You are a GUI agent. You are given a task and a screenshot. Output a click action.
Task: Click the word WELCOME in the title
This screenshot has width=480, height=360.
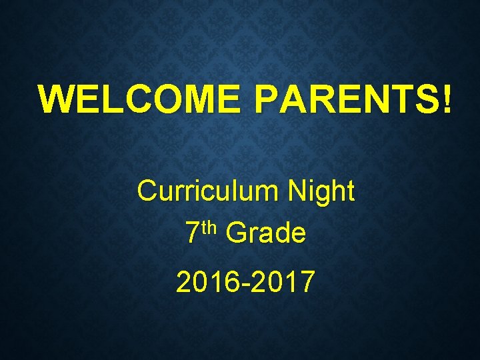tap(138, 99)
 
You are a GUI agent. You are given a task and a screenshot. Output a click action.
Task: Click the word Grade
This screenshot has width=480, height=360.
tap(265, 234)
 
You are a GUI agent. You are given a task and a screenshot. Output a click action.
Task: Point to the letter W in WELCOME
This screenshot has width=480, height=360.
tap(56, 99)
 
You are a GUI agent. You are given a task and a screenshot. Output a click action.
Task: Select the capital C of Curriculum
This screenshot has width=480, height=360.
tap(147, 192)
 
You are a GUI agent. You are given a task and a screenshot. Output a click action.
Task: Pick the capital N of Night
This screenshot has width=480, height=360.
tap(297, 192)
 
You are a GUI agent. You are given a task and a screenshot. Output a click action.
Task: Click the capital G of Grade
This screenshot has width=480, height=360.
tap(236, 234)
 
